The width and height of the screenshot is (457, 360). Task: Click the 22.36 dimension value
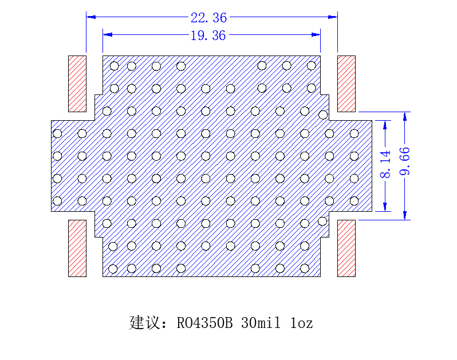[208, 18]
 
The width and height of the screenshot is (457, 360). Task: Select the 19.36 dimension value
[208, 35]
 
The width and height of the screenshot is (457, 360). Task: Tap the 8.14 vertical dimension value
[385, 164]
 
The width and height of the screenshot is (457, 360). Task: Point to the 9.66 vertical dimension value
[405, 161]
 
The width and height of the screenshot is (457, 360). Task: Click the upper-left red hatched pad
[77, 84]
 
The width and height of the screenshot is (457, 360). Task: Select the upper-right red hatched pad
[346, 84]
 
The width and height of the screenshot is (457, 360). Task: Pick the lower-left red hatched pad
[77, 248]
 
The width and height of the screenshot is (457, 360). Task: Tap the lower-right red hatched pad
[346, 248]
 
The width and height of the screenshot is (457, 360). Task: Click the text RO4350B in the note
[204, 323]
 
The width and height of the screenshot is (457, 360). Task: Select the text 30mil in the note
[261, 323]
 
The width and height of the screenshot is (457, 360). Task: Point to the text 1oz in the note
[302, 323]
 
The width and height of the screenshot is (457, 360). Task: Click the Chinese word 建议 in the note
[145, 322]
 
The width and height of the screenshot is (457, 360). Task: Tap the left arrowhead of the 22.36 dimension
[91, 17]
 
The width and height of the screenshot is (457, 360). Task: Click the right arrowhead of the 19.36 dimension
[316, 35]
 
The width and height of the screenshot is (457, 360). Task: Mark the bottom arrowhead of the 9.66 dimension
[405, 216]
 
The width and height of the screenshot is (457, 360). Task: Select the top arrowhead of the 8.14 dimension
[385, 125]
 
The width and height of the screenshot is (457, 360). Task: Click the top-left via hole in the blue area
[115, 66]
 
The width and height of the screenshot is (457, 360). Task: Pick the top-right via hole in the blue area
[312, 66]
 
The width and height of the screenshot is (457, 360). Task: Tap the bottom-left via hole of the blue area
[113, 269]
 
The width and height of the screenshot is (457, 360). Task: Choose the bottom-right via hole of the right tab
[354, 201]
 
